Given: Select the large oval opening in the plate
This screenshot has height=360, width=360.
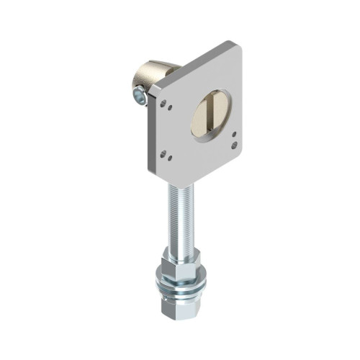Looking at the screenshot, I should tap(210, 114).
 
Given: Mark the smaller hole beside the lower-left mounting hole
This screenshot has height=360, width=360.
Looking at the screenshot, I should tap(163, 153).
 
